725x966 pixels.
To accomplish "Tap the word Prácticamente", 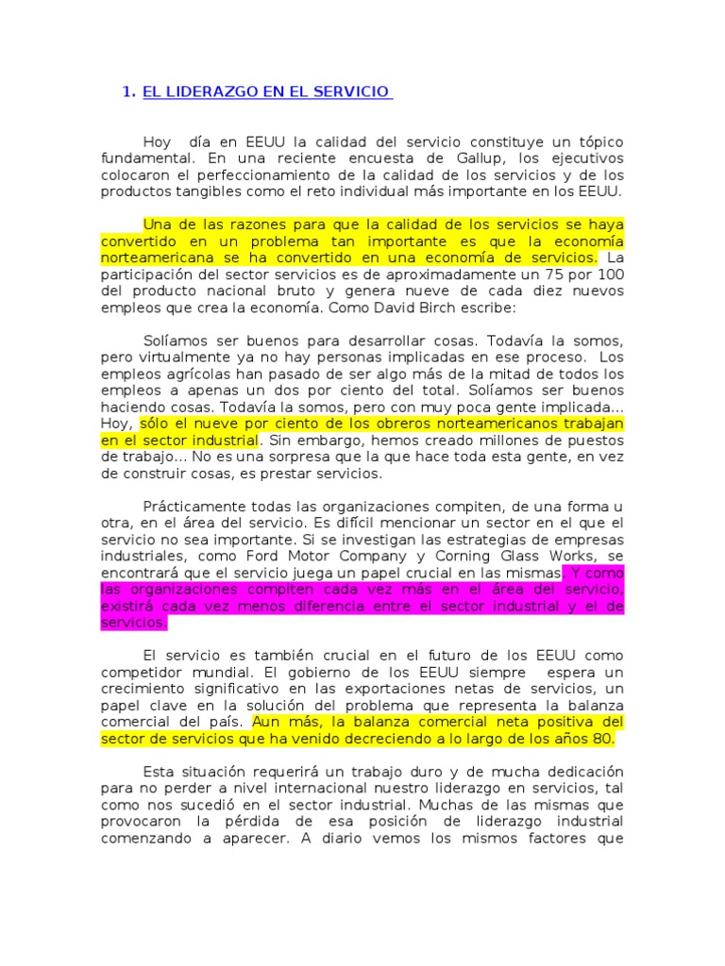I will pyautogui.click(x=195, y=506).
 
